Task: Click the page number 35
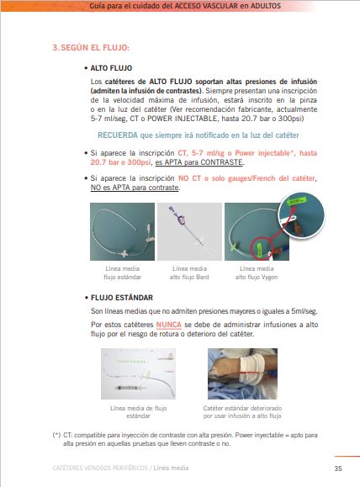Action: [338, 468]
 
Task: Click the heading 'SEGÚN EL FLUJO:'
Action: [95, 48]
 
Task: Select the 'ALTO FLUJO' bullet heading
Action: [111, 68]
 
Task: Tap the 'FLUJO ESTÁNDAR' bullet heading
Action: [122, 298]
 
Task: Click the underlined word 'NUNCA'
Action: [169, 325]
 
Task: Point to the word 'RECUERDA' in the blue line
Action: [118, 135]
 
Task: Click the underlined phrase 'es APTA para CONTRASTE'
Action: [199, 162]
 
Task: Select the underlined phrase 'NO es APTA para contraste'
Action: [135, 188]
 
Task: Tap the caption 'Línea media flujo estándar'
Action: [122, 273]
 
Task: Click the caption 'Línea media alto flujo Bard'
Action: [189, 273]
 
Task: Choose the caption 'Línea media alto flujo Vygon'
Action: [257, 273]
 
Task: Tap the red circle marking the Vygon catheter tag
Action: [262, 248]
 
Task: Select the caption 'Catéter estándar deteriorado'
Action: [242, 408]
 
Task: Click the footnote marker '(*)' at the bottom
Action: [56, 435]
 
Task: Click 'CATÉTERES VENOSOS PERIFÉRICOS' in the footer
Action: [100, 468]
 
